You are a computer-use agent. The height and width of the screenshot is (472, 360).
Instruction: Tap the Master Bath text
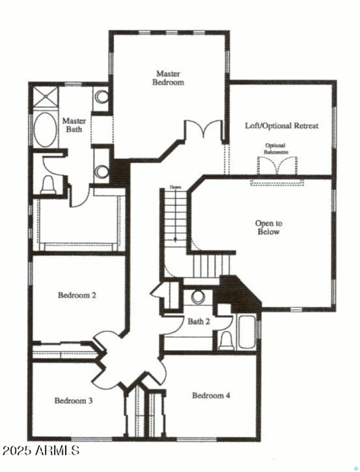tap(74, 125)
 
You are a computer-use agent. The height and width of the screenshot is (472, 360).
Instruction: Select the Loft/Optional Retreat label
tap(281, 126)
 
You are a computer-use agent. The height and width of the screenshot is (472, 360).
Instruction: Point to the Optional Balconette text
tap(277, 148)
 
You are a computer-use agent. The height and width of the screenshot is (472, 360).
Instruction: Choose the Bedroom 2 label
tap(77, 296)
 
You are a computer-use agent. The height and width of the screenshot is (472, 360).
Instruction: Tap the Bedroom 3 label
tap(74, 400)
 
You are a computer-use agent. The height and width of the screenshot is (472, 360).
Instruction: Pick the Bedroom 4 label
tap(211, 396)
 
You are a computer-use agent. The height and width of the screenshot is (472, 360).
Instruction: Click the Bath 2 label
tap(199, 321)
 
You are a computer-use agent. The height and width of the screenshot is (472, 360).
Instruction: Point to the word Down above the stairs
tap(175, 187)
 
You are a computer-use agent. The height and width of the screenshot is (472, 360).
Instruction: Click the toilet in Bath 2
tap(225, 341)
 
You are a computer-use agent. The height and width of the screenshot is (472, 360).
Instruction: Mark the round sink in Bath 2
tap(198, 297)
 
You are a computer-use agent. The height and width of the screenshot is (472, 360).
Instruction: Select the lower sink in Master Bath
tap(103, 171)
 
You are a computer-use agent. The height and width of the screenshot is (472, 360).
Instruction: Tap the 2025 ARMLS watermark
tap(40, 450)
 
